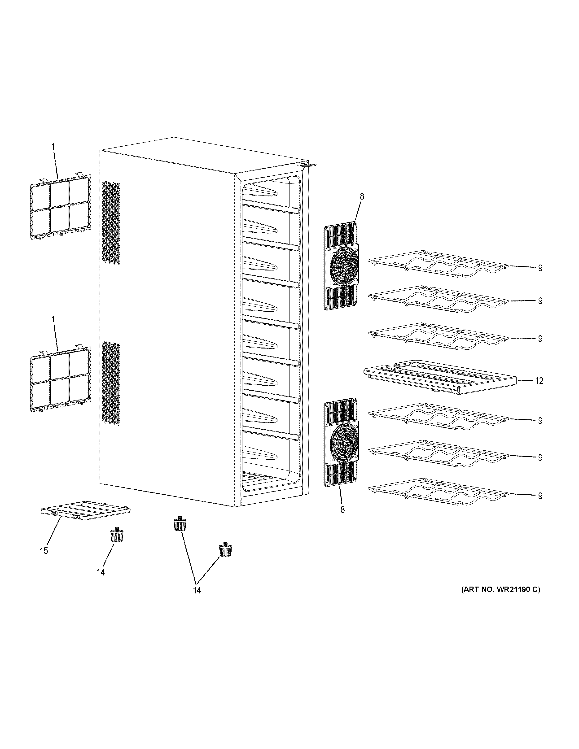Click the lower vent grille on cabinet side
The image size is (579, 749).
tap(111, 383)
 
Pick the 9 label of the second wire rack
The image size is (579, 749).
tap(540, 301)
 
